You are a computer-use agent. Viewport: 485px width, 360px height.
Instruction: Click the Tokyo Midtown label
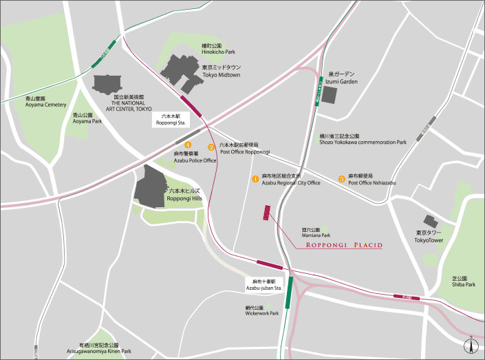coord(221,72)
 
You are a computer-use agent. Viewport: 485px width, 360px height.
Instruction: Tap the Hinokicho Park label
coord(218,48)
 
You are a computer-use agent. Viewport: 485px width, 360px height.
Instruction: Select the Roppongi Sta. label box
coord(169,120)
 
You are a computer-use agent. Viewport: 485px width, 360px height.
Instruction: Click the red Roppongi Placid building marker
coord(266,213)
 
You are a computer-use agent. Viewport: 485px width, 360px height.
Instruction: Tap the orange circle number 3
coord(341,179)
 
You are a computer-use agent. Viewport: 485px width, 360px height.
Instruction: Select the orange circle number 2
coord(212,147)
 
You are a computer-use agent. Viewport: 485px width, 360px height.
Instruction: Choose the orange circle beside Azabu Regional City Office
coord(255,178)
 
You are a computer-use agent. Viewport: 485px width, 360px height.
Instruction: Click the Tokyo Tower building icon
coord(431,221)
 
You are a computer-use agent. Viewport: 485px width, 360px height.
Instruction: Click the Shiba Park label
coord(463,282)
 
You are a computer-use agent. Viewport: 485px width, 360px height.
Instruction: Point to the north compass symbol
coord(471,346)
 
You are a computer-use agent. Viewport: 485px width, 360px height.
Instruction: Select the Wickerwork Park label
coord(261,310)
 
